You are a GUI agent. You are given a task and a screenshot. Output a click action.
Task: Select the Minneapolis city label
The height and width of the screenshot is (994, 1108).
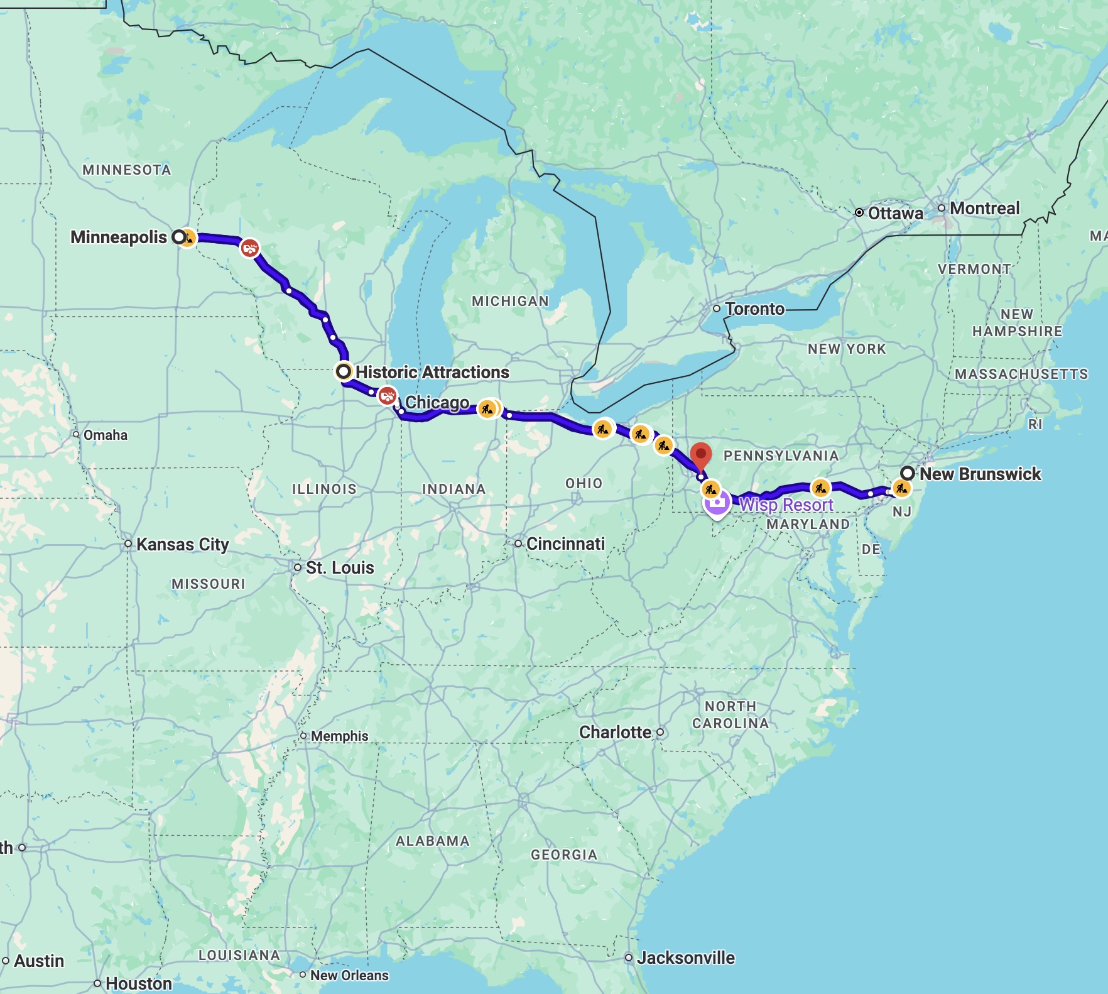[118, 237]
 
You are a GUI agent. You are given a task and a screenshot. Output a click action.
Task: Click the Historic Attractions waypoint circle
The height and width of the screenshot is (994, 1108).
[344, 371]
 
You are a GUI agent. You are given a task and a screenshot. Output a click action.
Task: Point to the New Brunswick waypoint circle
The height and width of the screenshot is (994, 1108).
[907, 473]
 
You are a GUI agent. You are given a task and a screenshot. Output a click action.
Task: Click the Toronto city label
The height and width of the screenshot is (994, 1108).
[754, 309]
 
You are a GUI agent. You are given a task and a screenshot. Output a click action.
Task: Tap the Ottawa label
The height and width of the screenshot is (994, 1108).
[895, 213]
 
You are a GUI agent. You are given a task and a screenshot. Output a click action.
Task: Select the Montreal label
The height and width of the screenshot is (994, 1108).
[984, 208]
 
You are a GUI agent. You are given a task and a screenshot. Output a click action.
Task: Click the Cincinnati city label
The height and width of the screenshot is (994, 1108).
[565, 543]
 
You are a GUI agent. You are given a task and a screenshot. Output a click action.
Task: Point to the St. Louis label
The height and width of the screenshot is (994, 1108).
[340, 567]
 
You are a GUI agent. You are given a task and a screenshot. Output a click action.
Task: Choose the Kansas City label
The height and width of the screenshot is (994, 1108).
[182, 544]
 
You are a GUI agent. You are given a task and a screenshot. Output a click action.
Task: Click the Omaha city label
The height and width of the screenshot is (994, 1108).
[105, 435]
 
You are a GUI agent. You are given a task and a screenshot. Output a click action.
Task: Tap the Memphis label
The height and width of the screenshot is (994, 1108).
[339, 736]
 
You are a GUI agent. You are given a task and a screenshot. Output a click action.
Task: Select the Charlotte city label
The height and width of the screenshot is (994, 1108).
[615, 732]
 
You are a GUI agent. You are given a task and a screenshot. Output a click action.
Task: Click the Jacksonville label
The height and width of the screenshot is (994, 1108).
[685, 958]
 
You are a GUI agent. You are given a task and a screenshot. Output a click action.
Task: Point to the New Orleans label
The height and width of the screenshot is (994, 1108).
[349, 975]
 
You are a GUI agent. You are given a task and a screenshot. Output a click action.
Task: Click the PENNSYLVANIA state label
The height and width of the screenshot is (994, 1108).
[781, 456]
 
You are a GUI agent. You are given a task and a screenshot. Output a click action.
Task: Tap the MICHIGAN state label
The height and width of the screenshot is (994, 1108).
[510, 301]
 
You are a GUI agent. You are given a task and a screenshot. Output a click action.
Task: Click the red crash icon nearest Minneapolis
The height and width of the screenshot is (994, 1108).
[250, 248]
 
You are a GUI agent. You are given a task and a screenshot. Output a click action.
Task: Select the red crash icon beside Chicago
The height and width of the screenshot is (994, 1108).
[387, 396]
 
